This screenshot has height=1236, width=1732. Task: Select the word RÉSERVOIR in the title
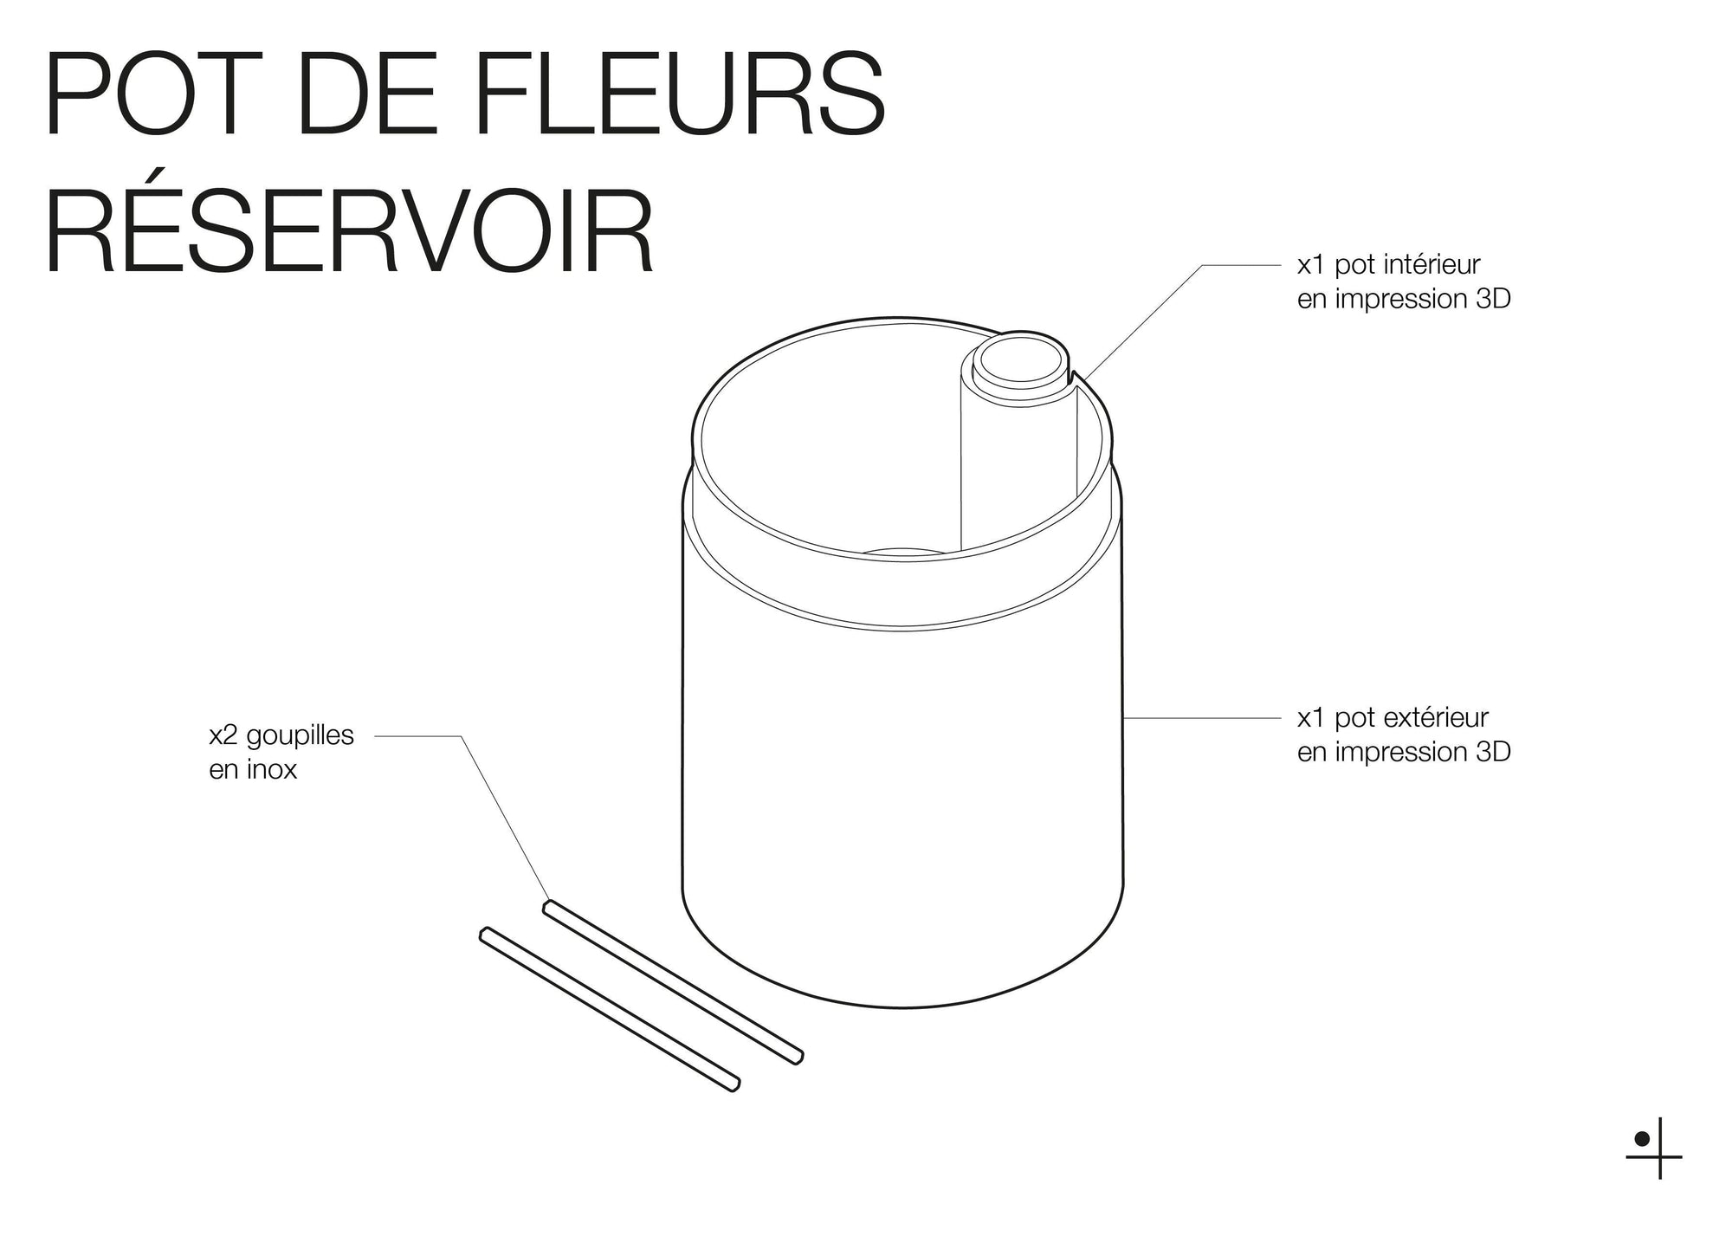tap(349, 231)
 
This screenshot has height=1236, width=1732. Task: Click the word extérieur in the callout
tap(1435, 717)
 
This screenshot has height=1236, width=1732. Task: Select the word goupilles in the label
tap(300, 734)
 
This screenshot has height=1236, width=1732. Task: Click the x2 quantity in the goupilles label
tap(223, 734)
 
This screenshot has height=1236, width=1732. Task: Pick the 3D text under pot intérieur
tap(1492, 299)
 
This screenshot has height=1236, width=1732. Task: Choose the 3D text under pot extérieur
tap(1492, 752)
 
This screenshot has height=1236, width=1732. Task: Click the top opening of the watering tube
tap(1018, 359)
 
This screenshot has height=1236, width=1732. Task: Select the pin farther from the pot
tap(609, 1009)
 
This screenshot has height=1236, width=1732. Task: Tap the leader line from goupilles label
tap(502, 814)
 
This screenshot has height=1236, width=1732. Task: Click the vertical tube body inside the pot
tap(1018, 476)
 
